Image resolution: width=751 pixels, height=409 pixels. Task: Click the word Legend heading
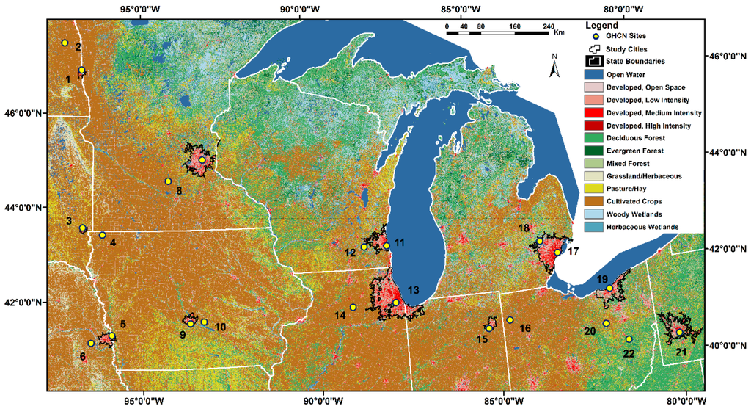(x=602, y=25)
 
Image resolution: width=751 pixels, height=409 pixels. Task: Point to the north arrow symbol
(x=555, y=68)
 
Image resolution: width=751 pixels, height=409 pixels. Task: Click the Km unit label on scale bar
(x=560, y=32)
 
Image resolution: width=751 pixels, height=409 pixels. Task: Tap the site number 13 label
(x=413, y=291)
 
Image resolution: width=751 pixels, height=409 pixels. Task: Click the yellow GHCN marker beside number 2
(x=65, y=43)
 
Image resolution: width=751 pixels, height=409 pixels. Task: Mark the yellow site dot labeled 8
(x=168, y=181)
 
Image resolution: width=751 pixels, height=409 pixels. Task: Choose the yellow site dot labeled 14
(x=353, y=307)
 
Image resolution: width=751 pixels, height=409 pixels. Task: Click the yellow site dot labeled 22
(x=629, y=339)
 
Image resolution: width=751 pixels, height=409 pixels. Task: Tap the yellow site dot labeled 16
(x=510, y=319)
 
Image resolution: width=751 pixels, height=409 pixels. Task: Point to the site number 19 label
(x=602, y=279)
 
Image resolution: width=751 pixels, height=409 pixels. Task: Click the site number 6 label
(x=83, y=357)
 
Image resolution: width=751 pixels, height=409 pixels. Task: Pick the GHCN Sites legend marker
(x=596, y=36)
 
